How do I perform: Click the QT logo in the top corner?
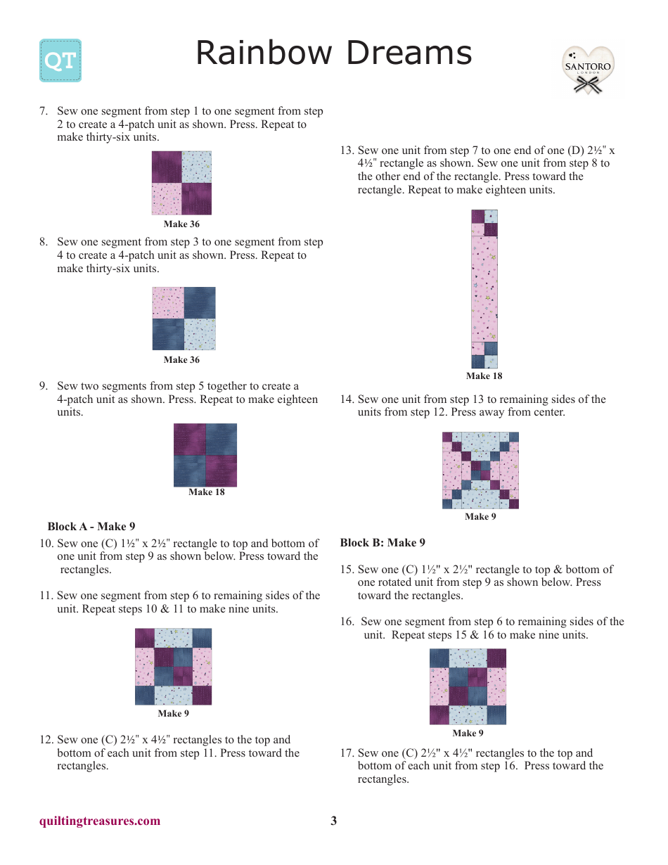pos(60,60)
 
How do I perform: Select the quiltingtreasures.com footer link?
pos(100,821)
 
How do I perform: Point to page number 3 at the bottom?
pos(334,821)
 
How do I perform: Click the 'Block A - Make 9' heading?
pos(91,526)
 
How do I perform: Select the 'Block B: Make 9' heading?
pos(383,542)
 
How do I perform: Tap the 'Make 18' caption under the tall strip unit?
pos(484,376)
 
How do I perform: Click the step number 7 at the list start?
pos(43,111)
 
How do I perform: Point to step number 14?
pos(346,399)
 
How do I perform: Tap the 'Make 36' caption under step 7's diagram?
pos(181,224)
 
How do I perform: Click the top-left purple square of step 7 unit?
pos(167,167)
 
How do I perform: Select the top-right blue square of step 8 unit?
pos(200,302)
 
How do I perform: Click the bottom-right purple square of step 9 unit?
pos(221,470)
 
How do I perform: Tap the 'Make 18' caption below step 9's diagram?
pos(206,492)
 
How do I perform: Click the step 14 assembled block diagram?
pos(480,470)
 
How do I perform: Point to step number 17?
pos(346,753)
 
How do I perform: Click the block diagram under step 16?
pos(468,686)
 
